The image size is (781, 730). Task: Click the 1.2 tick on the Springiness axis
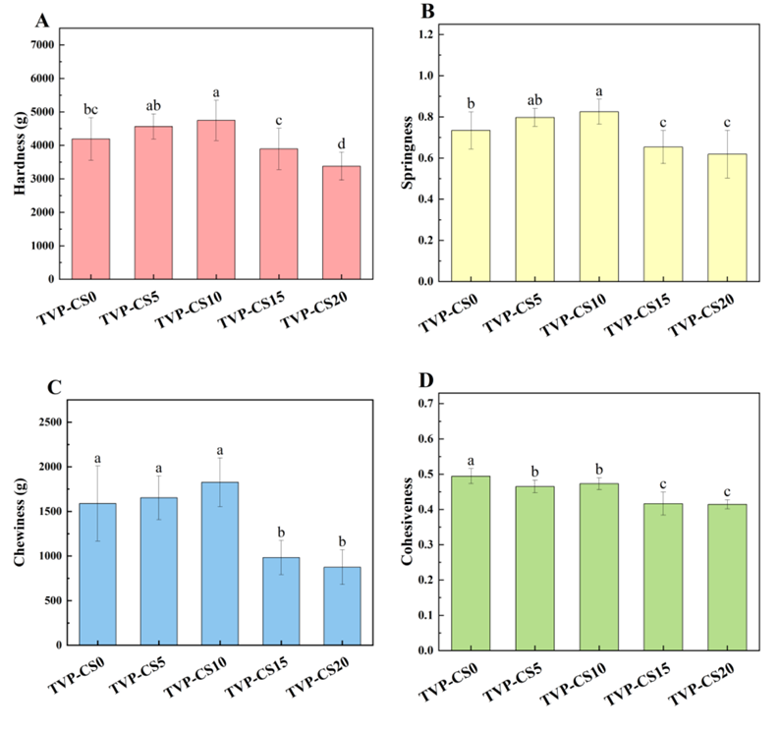click(x=427, y=34)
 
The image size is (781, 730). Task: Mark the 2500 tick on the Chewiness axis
click(x=45, y=421)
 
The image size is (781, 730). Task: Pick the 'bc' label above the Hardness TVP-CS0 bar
click(x=91, y=109)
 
